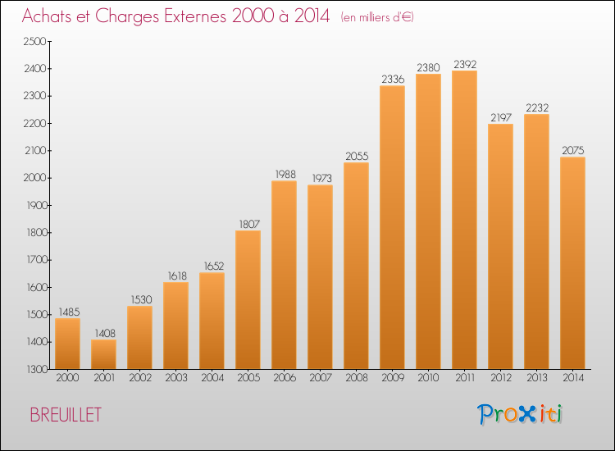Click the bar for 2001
(103, 354)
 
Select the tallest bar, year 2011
(464, 220)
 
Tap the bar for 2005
(248, 299)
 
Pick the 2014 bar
(572, 262)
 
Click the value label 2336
(393, 80)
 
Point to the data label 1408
(105, 334)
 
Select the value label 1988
(285, 174)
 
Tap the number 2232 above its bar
(537, 108)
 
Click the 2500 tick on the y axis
(35, 42)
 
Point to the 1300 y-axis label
(37, 370)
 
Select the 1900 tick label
(36, 206)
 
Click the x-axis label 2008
(357, 378)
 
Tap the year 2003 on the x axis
(176, 378)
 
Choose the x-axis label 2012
(501, 378)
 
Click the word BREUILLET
(66, 415)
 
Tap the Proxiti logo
(520, 414)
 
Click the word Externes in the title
(195, 16)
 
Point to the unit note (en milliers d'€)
(377, 17)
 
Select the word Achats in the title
(47, 16)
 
